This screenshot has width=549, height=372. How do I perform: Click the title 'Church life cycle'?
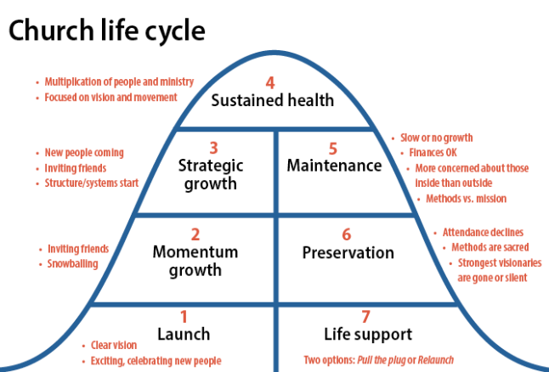106,31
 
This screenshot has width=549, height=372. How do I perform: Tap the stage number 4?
270,82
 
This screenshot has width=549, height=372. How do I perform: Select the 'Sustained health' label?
273,101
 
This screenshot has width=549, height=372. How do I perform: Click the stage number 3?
214,147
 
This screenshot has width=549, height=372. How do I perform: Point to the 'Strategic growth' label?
212,173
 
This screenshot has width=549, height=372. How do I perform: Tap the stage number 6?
346,234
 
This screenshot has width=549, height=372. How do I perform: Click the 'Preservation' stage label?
348,253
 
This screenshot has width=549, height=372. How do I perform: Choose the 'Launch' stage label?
184,334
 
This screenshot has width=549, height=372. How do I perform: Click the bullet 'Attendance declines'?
483,232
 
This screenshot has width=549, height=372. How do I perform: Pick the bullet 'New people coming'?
85,152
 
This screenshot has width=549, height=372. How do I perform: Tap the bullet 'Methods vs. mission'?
467,199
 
